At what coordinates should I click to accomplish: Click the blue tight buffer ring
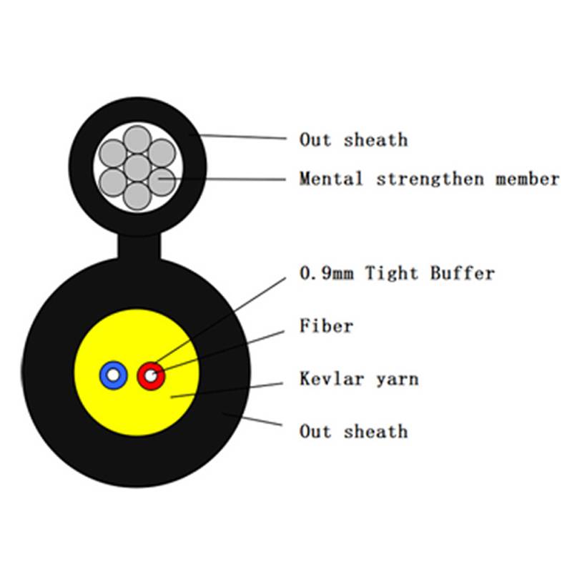[105, 374]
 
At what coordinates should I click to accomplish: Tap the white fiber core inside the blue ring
[113, 374]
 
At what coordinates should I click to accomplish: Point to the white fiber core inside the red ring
[152, 374]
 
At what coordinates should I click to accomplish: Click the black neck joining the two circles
[139, 247]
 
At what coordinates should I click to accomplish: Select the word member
[527, 179]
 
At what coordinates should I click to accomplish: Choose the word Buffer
[462, 273]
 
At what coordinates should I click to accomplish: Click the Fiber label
[326, 327]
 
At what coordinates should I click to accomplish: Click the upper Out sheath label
[353, 139]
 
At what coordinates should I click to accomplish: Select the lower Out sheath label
[353, 431]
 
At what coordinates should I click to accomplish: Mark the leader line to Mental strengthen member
[229, 177]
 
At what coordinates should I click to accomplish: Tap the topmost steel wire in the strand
[137, 139]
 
